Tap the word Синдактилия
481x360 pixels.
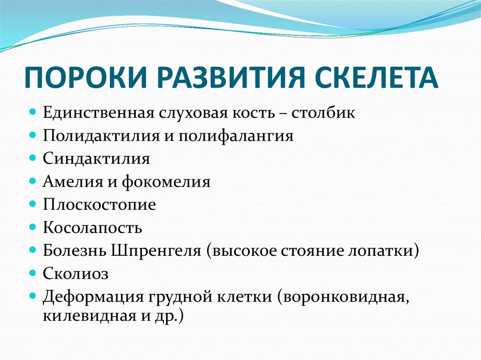[96, 159]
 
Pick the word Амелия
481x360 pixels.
[69, 182]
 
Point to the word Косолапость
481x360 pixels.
[93, 228]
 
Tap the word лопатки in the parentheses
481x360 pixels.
[386, 251]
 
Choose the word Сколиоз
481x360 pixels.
[76, 273]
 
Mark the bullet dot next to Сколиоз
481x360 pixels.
[33, 272]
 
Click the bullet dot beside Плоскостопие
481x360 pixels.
[33, 204]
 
